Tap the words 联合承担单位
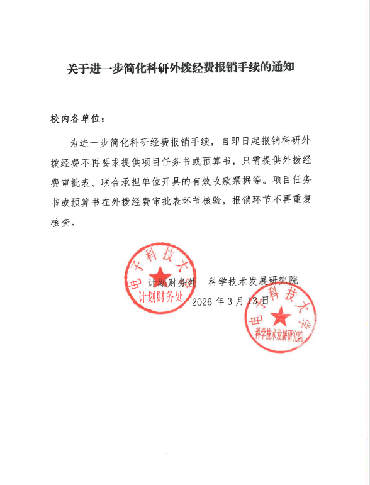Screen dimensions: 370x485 [x=142, y=180]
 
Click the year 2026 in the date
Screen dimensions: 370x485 [x=201, y=301]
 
